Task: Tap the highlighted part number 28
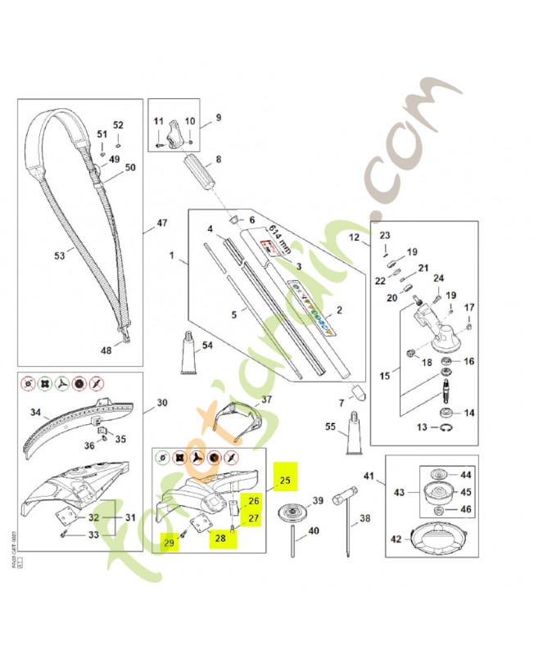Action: (219, 537)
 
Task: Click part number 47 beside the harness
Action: (161, 223)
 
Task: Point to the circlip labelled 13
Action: (444, 427)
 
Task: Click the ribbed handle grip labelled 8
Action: (200, 174)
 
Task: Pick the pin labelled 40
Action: (293, 547)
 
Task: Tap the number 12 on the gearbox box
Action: (354, 237)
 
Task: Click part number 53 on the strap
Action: (59, 255)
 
